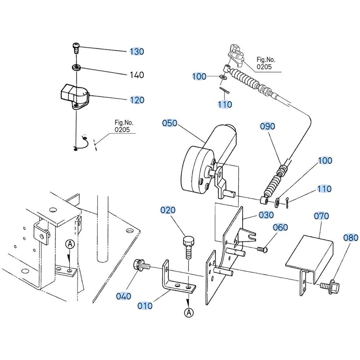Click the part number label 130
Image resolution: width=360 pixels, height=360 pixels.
click(x=137, y=51)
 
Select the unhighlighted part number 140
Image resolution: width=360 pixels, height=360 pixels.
click(x=137, y=75)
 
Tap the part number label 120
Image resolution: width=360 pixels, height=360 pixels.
click(x=137, y=100)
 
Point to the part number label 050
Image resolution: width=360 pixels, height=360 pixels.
click(x=170, y=123)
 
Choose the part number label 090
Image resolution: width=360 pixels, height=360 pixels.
click(x=267, y=126)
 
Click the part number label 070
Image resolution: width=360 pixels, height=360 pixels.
click(x=321, y=216)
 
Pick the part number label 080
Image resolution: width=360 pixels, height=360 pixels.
click(x=351, y=238)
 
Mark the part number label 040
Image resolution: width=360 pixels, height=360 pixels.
click(x=123, y=296)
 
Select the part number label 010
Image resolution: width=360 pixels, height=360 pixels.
click(x=145, y=306)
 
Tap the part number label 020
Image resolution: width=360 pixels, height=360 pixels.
click(x=168, y=210)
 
